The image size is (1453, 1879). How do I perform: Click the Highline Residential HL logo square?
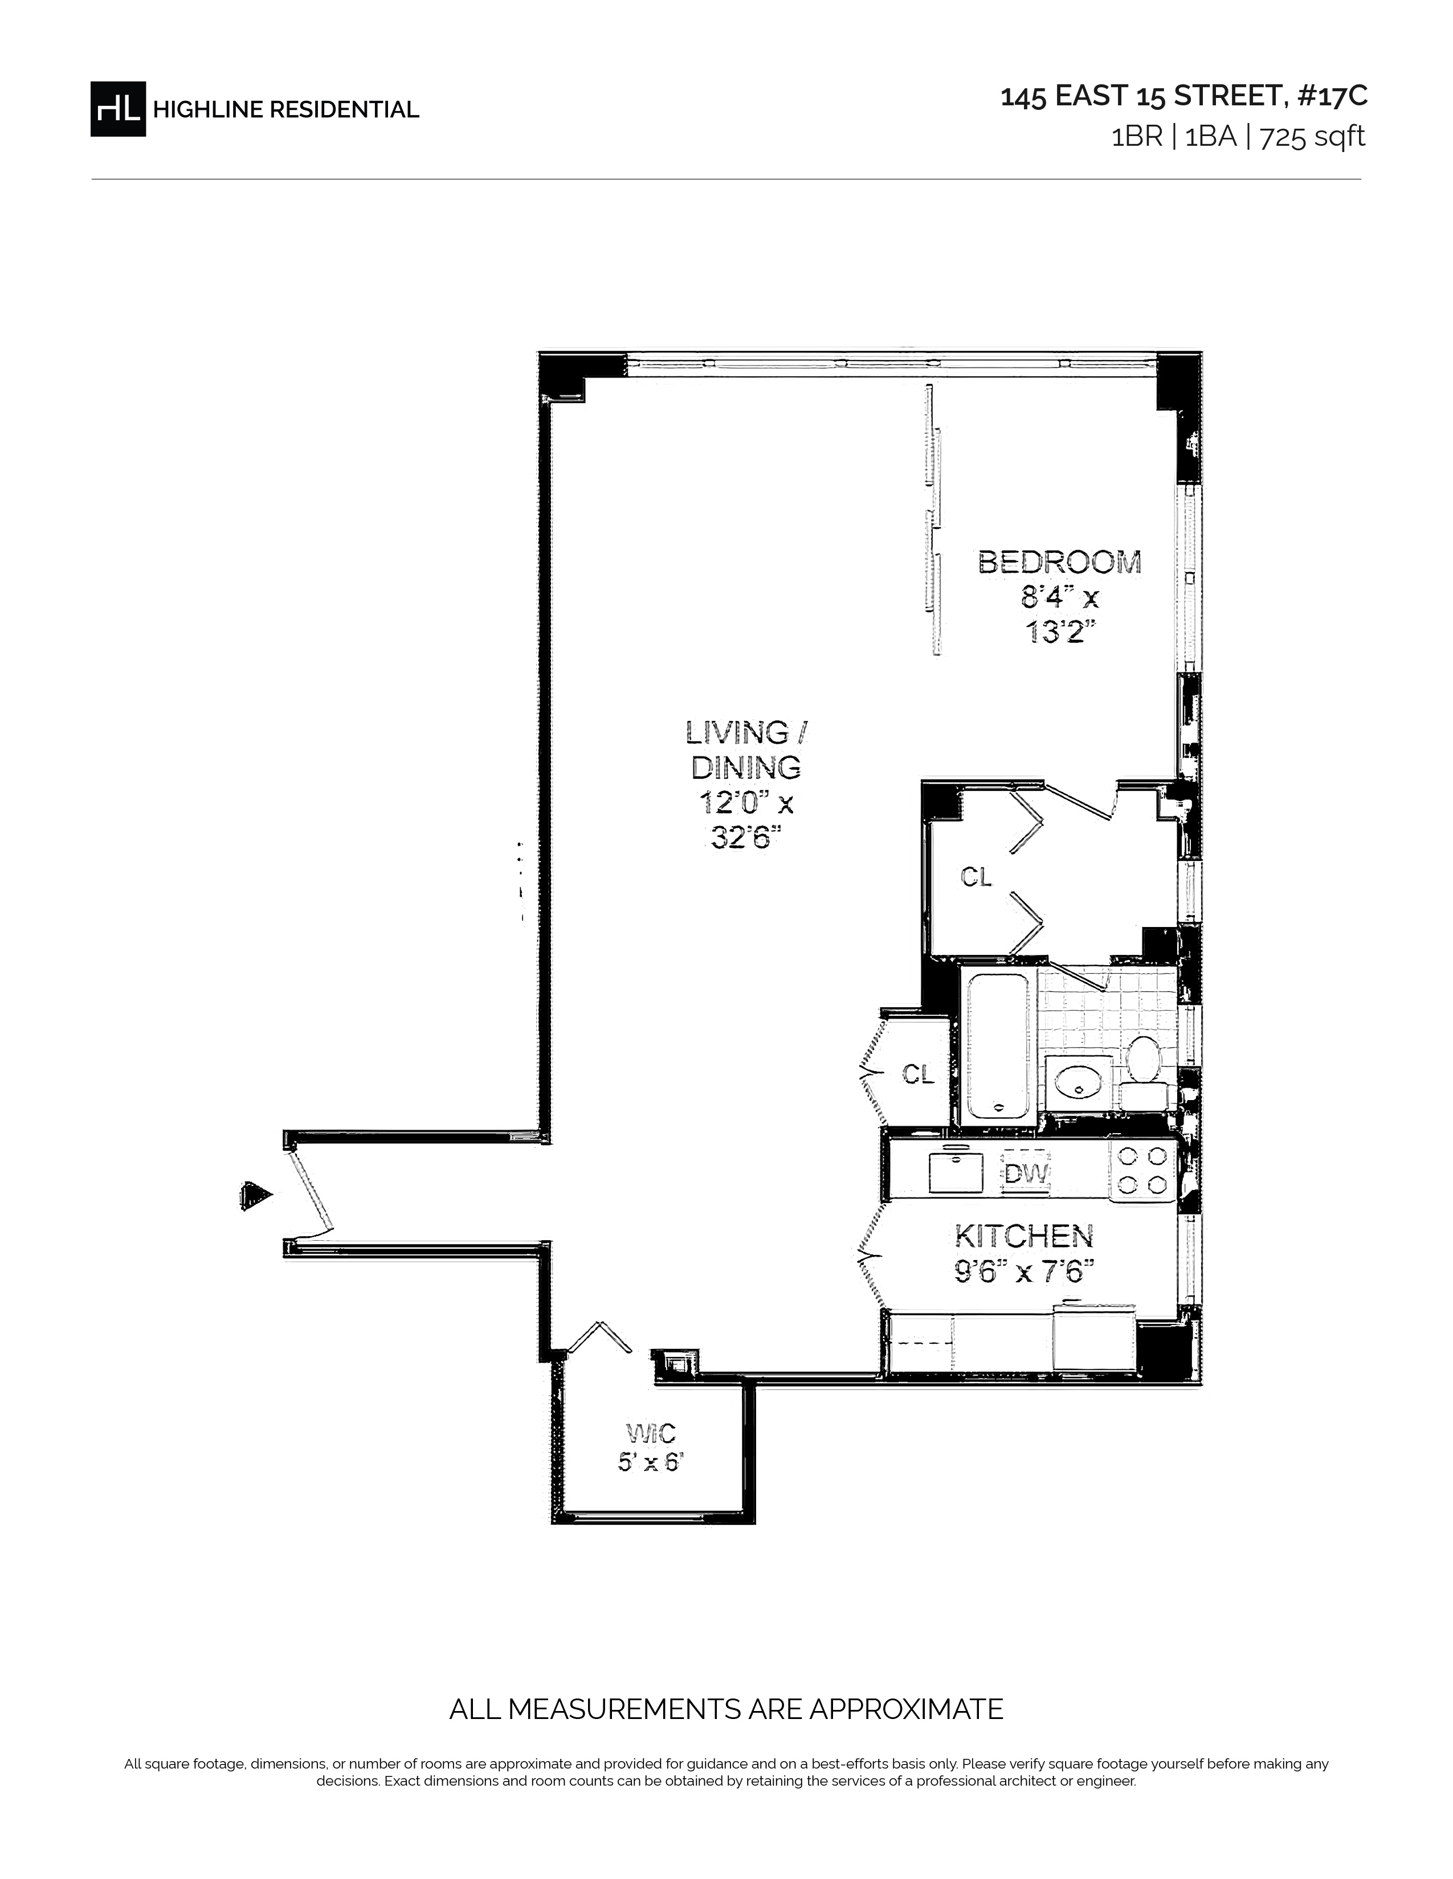(118, 108)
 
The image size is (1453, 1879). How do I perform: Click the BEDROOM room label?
(1060, 562)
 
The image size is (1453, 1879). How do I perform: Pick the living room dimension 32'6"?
(745, 836)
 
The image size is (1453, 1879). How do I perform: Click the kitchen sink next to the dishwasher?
(956, 1172)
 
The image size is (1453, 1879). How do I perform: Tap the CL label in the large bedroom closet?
(976, 877)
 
